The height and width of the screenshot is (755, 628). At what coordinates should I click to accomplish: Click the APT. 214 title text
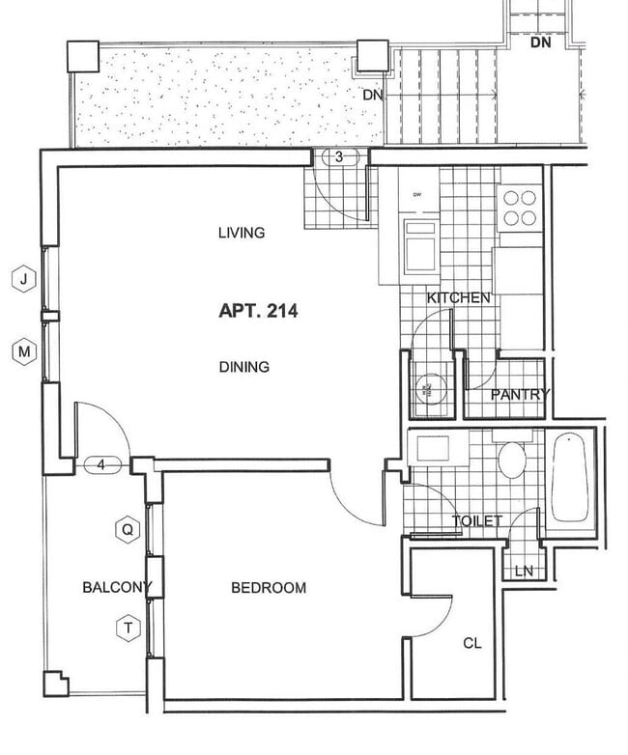tap(258, 311)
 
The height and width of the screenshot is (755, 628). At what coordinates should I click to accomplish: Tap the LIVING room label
tap(242, 233)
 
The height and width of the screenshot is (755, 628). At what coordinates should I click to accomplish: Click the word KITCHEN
tap(458, 298)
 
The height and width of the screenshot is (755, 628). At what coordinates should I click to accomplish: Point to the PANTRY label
tap(520, 394)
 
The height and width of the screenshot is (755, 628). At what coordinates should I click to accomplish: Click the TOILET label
tap(477, 521)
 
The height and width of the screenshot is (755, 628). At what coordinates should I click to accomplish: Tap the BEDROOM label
tap(269, 588)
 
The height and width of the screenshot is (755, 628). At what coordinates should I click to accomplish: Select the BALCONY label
tap(117, 587)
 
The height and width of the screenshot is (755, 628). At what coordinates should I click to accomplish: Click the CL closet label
tap(472, 643)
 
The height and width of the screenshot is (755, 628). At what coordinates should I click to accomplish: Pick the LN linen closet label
tap(524, 571)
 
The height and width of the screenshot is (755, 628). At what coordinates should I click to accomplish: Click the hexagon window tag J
tap(24, 280)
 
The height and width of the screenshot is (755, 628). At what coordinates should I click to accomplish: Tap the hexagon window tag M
tap(24, 352)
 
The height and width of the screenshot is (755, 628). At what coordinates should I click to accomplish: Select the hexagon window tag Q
tap(127, 529)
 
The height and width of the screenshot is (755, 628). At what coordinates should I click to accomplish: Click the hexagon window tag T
tap(127, 629)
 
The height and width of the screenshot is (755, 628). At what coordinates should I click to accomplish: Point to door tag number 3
tap(340, 156)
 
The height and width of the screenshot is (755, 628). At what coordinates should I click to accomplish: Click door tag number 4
tap(102, 465)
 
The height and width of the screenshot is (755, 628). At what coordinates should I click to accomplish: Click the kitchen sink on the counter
tap(422, 245)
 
